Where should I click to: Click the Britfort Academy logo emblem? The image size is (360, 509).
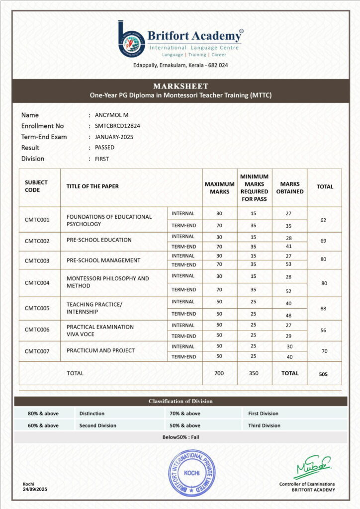[131, 38]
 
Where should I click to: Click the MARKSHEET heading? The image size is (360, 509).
[180, 86]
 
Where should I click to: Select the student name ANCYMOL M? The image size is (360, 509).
[111, 115]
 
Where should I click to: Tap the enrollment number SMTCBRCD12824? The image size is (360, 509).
[117, 126]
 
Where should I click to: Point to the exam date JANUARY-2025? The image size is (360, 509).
[114, 137]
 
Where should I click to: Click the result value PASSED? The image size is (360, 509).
[104, 148]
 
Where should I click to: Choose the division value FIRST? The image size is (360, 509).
[101, 159]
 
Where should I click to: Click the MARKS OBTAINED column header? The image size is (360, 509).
[289, 187]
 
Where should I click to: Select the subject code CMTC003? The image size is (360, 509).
[37, 260]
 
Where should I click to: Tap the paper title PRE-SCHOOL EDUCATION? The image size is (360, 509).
[99, 240]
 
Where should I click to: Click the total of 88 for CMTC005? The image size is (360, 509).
[324, 308]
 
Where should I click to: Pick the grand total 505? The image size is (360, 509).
[324, 374]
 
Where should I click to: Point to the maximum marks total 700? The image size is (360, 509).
[219, 373]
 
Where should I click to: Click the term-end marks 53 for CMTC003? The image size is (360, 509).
[289, 264]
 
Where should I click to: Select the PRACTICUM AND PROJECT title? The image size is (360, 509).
[100, 350]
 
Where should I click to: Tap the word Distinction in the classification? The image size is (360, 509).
[92, 414]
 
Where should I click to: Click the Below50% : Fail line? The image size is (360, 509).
[180, 437]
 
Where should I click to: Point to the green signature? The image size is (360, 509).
[311, 467]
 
